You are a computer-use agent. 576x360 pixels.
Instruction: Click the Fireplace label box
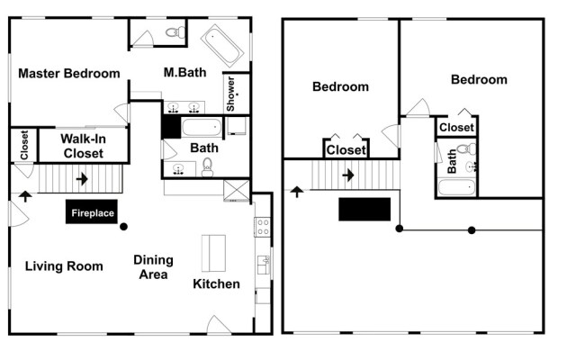pos(92,211)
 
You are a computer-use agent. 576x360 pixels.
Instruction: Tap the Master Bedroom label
pos(69,74)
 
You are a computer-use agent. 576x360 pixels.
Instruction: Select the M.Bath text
pos(184,72)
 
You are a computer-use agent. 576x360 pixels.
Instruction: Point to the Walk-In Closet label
pos(84,146)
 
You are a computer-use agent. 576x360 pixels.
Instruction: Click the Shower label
pos(230,94)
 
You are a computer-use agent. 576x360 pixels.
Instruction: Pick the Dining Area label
pos(154,267)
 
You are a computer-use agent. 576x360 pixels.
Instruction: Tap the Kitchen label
pos(216,284)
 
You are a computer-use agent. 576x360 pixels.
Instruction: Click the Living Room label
pos(64,266)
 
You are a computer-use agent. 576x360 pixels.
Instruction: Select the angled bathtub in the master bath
pos(222,46)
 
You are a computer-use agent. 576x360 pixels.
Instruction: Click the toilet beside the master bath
pos(175,32)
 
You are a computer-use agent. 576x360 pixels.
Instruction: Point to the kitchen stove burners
pos(263,227)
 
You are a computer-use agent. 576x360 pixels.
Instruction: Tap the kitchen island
pos(213,254)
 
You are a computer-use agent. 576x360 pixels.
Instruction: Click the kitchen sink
pos(264,265)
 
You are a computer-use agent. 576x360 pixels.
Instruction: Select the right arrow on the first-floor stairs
pos(82,179)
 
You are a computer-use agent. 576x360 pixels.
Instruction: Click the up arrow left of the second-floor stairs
pos(297,192)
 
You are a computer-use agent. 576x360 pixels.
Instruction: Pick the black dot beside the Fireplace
pos(124,227)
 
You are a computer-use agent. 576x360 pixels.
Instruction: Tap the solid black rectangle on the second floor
pos(364,210)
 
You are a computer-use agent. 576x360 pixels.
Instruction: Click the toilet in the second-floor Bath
pos(467,148)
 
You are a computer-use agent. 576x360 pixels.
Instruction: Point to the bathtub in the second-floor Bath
pos(456,187)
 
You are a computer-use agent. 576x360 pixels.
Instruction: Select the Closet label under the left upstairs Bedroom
pos(346,150)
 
